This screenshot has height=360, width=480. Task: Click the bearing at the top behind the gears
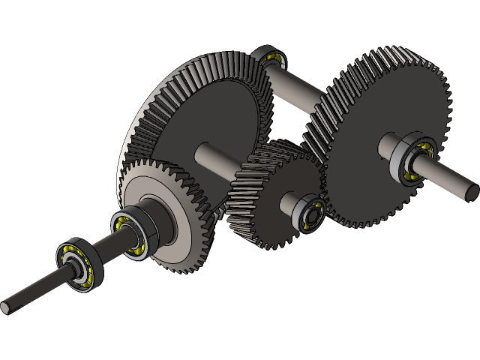(x=269, y=58)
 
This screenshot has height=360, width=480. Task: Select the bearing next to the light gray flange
(x=132, y=233)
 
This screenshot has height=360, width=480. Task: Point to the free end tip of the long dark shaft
(x=7, y=307)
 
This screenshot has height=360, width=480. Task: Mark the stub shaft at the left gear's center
(x=214, y=157)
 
